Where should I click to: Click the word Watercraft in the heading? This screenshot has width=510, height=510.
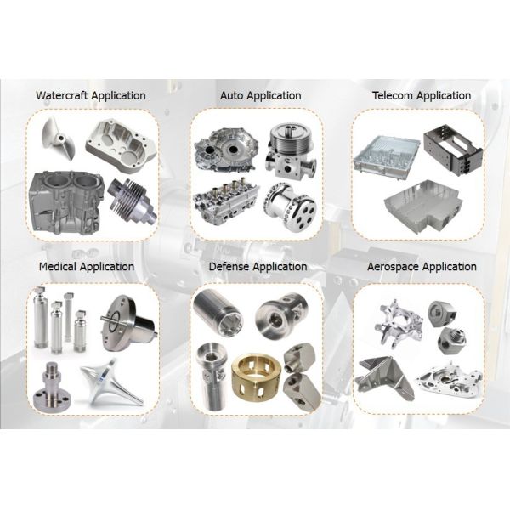(x=62, y=95)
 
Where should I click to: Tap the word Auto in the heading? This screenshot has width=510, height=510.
(x=231, y=95)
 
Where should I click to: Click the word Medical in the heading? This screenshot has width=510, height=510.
(x=58, y=266)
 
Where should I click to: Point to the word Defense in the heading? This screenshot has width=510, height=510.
(x=229, y=266)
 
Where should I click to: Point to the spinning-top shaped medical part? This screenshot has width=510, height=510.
(x=111, y=382)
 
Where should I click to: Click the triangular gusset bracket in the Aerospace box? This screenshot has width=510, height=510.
(x=385, y=377)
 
